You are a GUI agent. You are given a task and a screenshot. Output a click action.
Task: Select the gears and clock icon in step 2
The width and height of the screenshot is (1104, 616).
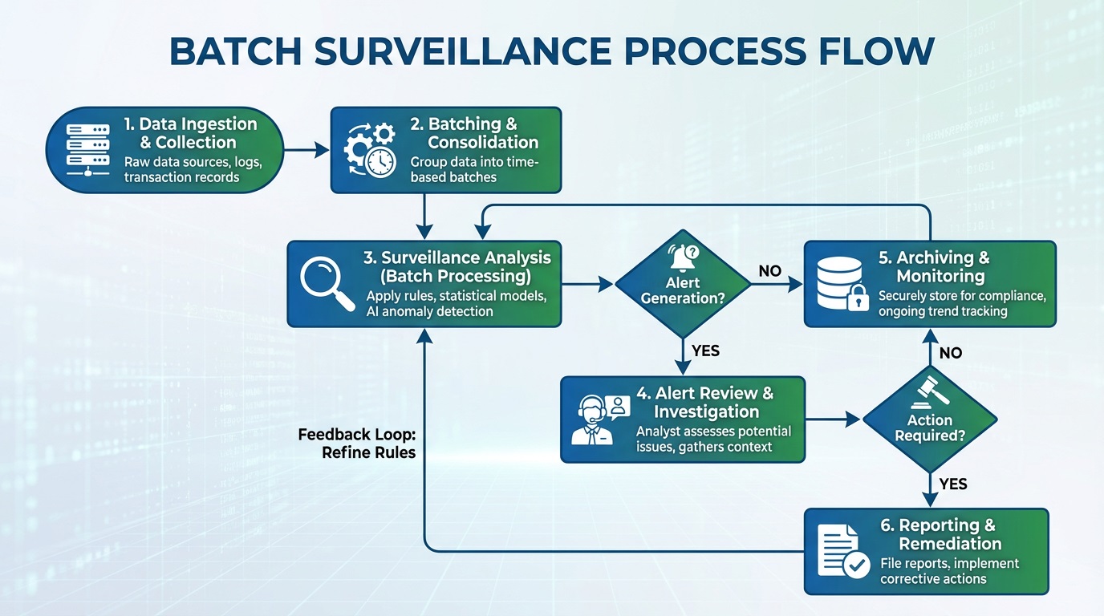(370, 149)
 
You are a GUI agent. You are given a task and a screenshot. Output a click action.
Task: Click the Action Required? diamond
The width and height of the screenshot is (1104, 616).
(930, 419)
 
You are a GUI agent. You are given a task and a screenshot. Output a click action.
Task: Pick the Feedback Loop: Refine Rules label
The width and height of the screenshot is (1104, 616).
(357, 443)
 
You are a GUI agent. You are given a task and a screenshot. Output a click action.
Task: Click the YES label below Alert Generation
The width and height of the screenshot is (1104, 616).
(705, 351)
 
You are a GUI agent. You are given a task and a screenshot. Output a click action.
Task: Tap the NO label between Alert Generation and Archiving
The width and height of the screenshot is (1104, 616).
(769, 271)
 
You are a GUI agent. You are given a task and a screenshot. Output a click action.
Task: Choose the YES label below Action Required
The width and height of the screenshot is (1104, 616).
(952, 484)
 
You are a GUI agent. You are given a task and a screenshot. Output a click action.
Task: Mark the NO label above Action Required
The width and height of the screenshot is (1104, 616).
(950, 353)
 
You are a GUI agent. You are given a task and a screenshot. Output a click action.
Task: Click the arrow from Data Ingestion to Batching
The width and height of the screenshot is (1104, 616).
(306, 149)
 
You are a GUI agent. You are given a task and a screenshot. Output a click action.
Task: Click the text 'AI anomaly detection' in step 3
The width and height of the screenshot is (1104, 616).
(429, 311)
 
